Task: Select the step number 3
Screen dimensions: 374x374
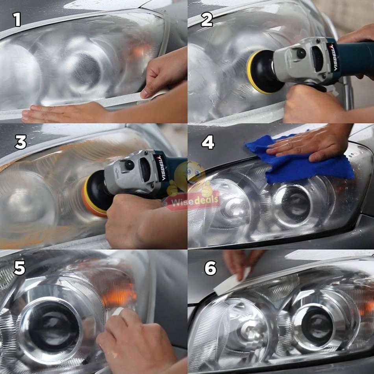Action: pos(20,143)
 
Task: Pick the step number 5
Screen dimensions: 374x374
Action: pos(19,268)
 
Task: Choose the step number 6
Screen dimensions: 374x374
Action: pos(210,268)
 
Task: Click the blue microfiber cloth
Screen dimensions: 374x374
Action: pos(299,165)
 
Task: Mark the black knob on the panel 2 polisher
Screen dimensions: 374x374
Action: pos(302,53)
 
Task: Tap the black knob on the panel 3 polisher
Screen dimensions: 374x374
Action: pos(129,165)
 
